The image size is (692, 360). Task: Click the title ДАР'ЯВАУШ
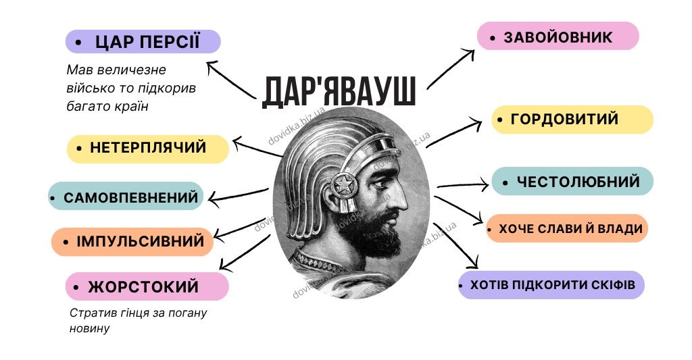339,93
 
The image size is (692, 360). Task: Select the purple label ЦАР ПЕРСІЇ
143,42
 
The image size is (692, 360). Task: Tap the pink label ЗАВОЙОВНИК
558,36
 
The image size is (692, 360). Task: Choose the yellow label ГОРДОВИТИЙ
572,120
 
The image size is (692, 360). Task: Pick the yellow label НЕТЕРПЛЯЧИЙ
148,149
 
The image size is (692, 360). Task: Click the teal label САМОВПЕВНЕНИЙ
126,197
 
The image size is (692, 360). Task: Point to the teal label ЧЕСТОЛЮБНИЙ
572,181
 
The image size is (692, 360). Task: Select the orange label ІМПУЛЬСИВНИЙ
132,242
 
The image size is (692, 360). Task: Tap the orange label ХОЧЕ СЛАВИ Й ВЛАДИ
567,228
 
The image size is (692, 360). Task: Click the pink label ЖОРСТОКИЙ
147,286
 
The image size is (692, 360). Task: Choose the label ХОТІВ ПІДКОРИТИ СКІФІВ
551,284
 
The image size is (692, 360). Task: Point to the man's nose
401,197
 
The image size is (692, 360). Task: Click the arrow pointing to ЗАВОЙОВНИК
450,68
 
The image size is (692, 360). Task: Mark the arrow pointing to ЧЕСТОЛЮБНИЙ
462,185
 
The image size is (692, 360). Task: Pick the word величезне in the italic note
132,70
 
